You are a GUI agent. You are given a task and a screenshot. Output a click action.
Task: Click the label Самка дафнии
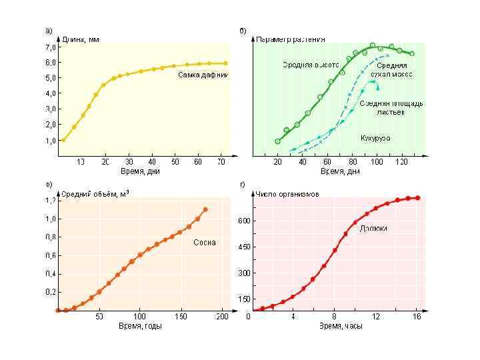(203, 75)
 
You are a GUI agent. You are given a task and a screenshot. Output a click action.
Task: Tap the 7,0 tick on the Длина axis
(51, 48)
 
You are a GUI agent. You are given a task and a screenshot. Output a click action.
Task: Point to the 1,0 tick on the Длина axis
(51, 141)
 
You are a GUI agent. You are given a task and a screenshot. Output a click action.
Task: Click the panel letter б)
(243, 31)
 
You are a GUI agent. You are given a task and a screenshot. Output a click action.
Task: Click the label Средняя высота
(311, 65)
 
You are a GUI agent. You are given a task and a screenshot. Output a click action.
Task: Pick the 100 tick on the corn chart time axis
(378, 161)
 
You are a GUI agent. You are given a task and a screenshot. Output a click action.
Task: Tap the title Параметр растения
(291, 39)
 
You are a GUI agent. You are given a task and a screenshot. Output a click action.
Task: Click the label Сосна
(204, 243)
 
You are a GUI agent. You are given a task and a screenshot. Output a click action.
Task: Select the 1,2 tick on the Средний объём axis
(51, 200)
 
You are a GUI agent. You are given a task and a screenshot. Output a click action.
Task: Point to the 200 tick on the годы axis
(222, 316)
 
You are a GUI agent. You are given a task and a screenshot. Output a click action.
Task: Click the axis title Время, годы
(141, 326)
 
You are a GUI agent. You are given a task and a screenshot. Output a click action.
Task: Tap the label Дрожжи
(373, 228)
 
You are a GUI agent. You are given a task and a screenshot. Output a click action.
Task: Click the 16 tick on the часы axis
(417, 316)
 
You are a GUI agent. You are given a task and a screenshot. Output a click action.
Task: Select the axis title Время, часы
(340, 326)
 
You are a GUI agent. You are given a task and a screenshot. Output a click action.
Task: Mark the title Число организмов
(288, 194)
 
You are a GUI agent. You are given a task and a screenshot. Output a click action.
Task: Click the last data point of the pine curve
(205, 209)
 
